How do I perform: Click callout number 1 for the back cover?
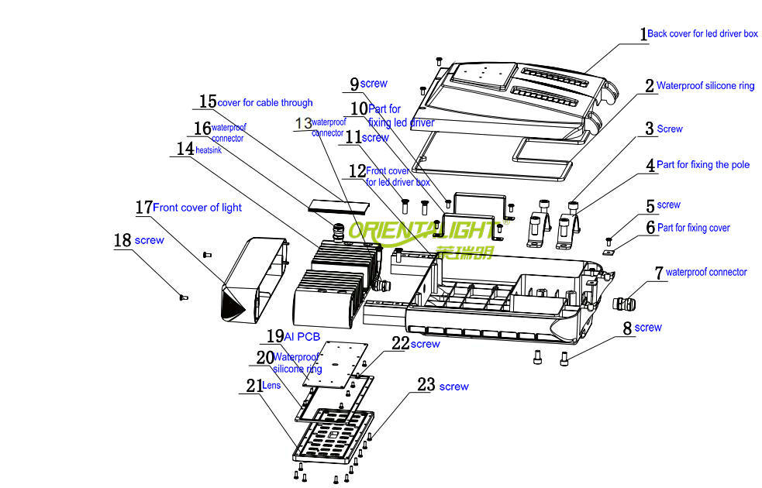643,34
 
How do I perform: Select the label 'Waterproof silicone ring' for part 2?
705,86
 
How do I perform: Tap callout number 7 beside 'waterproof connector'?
658,273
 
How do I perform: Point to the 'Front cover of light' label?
197,208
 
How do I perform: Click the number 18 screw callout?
122,240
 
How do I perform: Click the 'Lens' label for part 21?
272,385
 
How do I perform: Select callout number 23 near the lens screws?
426,385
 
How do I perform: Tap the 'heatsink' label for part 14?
209,149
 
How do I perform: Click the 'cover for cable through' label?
265,103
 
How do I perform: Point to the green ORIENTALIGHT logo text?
422,230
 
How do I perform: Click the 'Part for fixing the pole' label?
703,165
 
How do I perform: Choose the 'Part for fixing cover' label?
693,228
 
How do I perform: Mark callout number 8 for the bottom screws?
627,328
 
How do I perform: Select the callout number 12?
357,170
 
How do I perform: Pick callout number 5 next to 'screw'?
650,206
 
